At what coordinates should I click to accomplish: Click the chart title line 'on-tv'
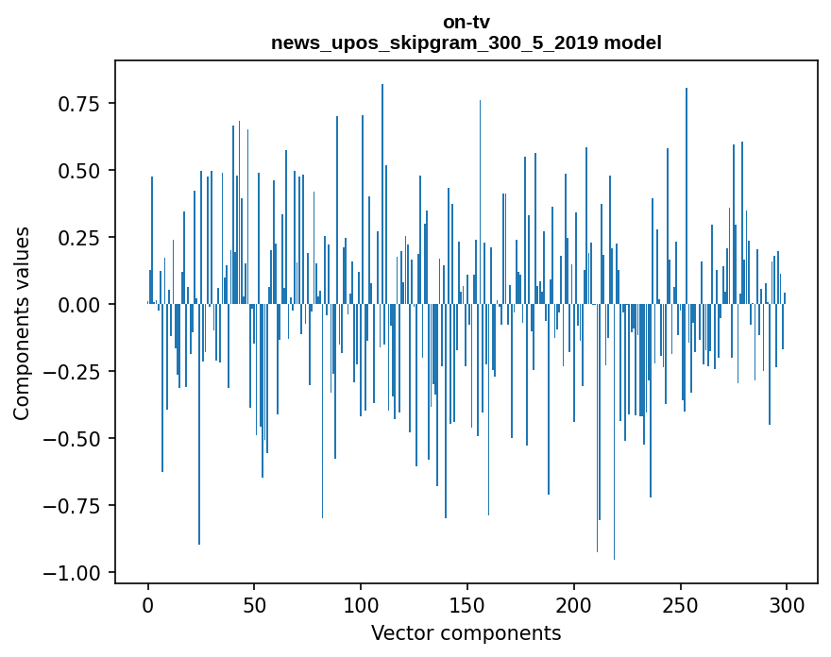point(466,22)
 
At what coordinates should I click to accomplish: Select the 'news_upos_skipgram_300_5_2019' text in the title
point(435,42)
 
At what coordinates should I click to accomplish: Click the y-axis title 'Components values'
point(22,323)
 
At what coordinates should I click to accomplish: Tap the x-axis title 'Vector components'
point(466,633)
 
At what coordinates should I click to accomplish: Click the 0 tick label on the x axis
point(148,605)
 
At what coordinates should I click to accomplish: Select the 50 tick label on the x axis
point(254,605)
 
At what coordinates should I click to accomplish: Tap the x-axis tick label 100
point(361,605)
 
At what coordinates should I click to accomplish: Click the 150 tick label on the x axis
point(467,605)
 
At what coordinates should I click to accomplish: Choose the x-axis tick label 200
point(574,605)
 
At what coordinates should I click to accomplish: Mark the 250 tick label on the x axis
point(680,605)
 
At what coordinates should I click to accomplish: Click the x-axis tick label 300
point(787,605)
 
